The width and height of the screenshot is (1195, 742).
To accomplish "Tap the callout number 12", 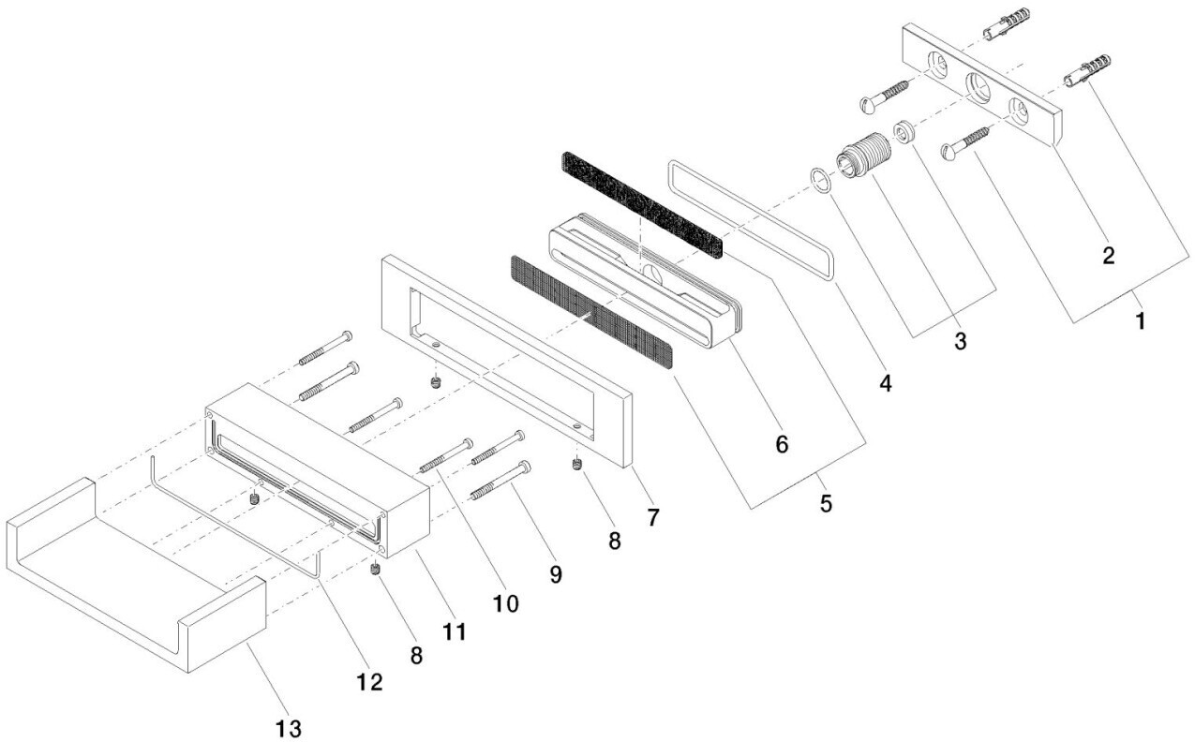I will click(370, 682).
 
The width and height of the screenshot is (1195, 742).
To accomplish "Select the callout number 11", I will click(455, 632).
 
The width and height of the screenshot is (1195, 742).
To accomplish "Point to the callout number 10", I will click(505, 604).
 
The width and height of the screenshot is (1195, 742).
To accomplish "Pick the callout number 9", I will click(556, 573).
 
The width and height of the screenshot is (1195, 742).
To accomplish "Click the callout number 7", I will click(652, 515).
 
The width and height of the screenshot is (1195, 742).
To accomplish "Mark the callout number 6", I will click(782, 443).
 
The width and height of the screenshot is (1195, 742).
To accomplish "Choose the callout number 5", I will click(826, 503).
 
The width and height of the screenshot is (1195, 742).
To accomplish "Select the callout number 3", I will click(959, 342).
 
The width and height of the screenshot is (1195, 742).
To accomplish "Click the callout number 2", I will click(1108, 256).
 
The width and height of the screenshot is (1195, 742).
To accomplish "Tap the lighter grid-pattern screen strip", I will click(590, 315).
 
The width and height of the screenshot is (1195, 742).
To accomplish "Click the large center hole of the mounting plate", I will click(980, 91).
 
